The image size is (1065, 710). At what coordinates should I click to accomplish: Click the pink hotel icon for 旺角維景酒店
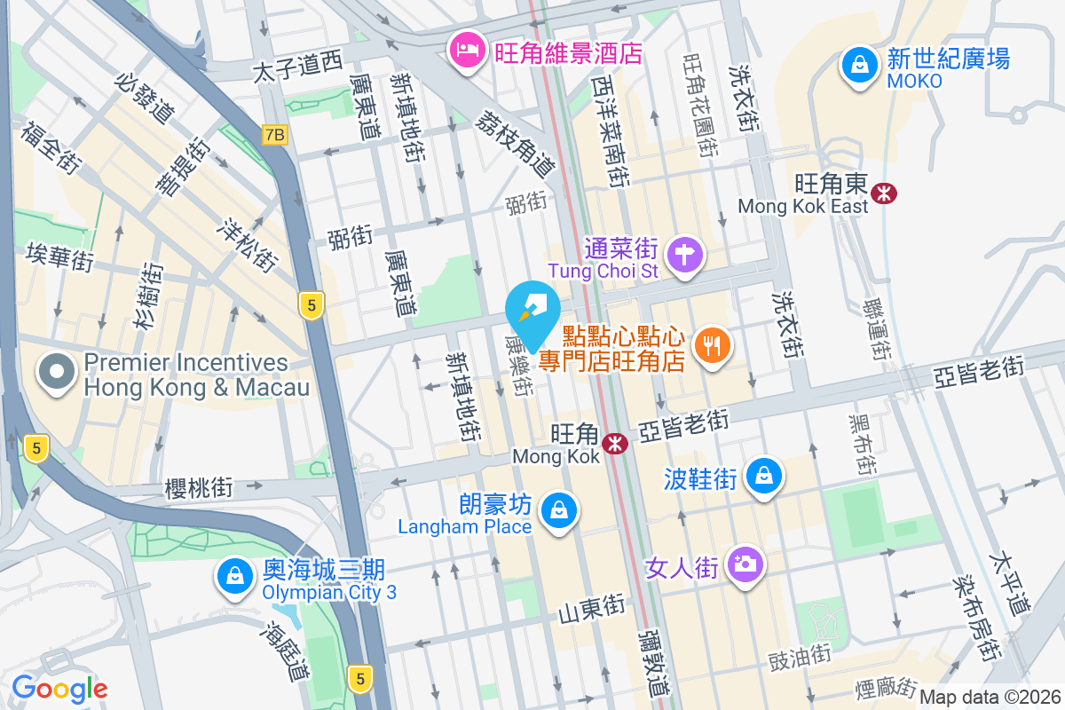(x=466, y=49)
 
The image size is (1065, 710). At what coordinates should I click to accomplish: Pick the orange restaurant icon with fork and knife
(x=711, y=347)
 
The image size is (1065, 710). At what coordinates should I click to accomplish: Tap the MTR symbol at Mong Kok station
(x=614, y=443)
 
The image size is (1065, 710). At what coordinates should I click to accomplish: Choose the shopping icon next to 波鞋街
(x=764, y=477)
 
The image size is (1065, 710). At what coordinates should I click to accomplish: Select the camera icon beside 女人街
(x=744, y=565)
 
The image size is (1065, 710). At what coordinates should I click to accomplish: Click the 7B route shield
(x=276, y=135)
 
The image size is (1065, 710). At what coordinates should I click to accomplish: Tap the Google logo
(x=59, y=689)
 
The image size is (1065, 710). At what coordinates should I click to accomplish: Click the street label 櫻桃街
(x=199, y=487)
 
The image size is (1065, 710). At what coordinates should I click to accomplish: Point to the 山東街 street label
(x=591, y=609)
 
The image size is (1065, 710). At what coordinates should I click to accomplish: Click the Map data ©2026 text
(x=990, y=698)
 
